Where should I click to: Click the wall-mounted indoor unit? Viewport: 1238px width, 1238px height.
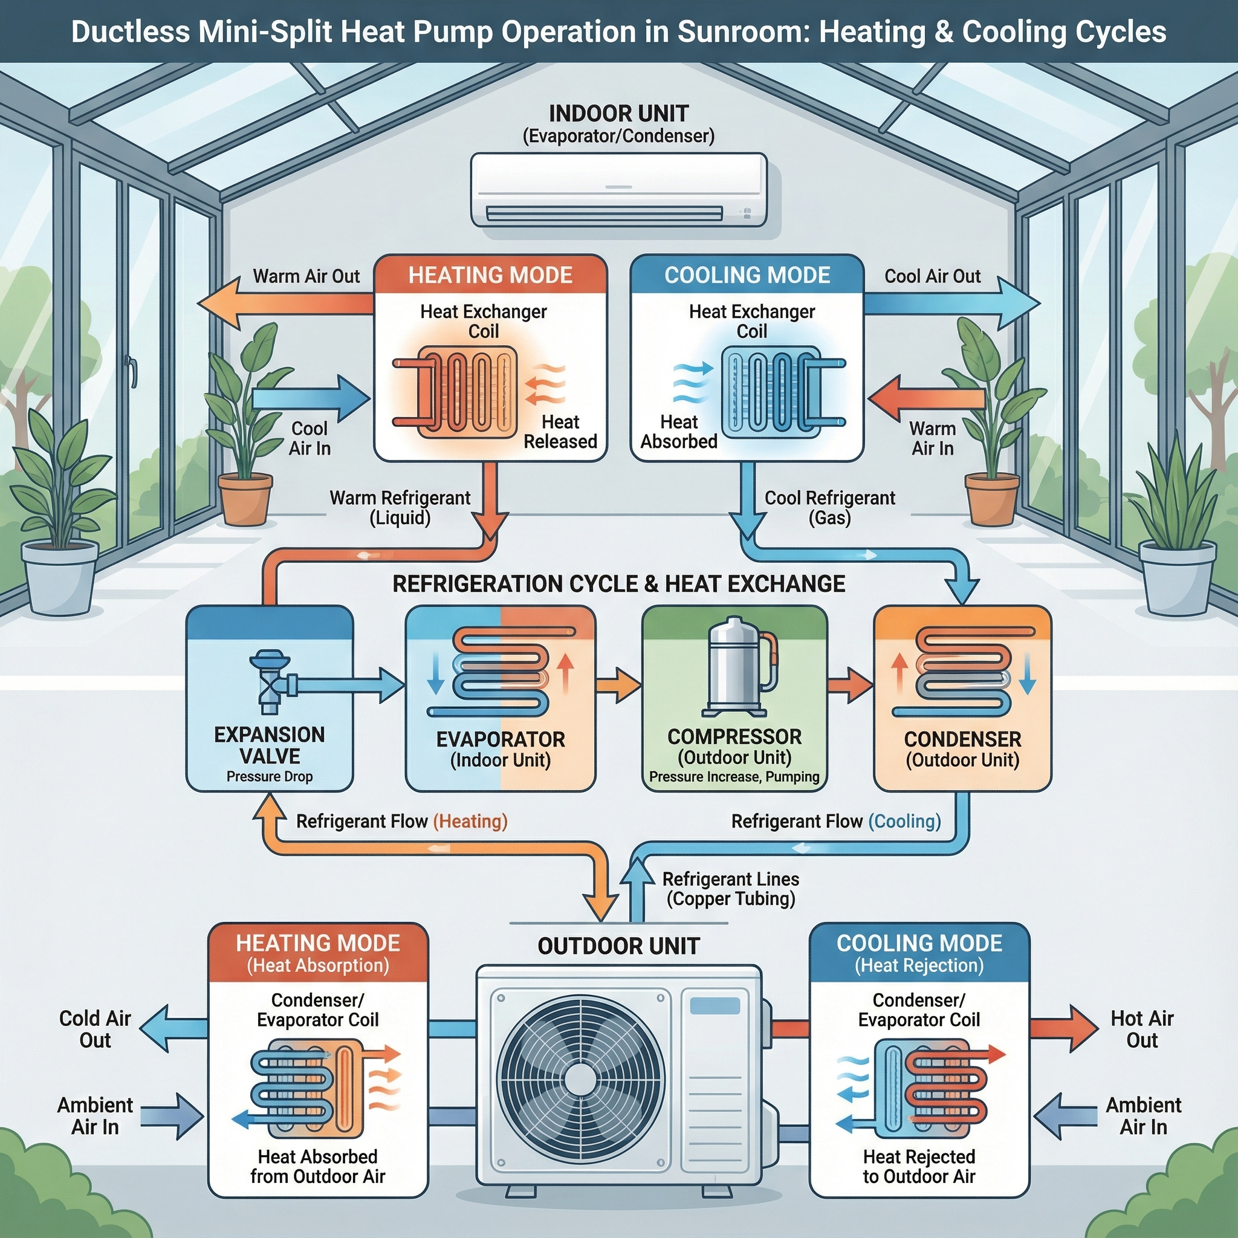(x=618, y=190)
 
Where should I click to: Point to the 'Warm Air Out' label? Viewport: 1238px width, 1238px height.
(x=306, y=276)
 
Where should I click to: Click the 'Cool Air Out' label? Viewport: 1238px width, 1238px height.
(x=932, y=276)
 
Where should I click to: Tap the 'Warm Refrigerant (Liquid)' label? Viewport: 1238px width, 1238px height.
(x=400, y=508)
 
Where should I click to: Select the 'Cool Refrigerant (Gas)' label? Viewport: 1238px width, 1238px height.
(x=830, y=508)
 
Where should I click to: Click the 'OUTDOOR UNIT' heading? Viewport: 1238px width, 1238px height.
(x=618, y=946)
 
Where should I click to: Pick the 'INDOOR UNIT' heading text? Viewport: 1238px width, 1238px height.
(x=618, y=114)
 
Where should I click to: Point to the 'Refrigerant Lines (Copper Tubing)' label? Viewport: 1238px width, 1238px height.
(x=730, y=889)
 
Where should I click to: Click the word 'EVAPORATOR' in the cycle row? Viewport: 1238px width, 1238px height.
(x=501, y=739)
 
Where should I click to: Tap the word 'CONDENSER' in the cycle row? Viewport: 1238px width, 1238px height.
(x=962, y=739)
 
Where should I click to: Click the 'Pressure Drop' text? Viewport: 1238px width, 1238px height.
(x=270, y=777)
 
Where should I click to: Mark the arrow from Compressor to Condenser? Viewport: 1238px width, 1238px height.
(x=850, y=685)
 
